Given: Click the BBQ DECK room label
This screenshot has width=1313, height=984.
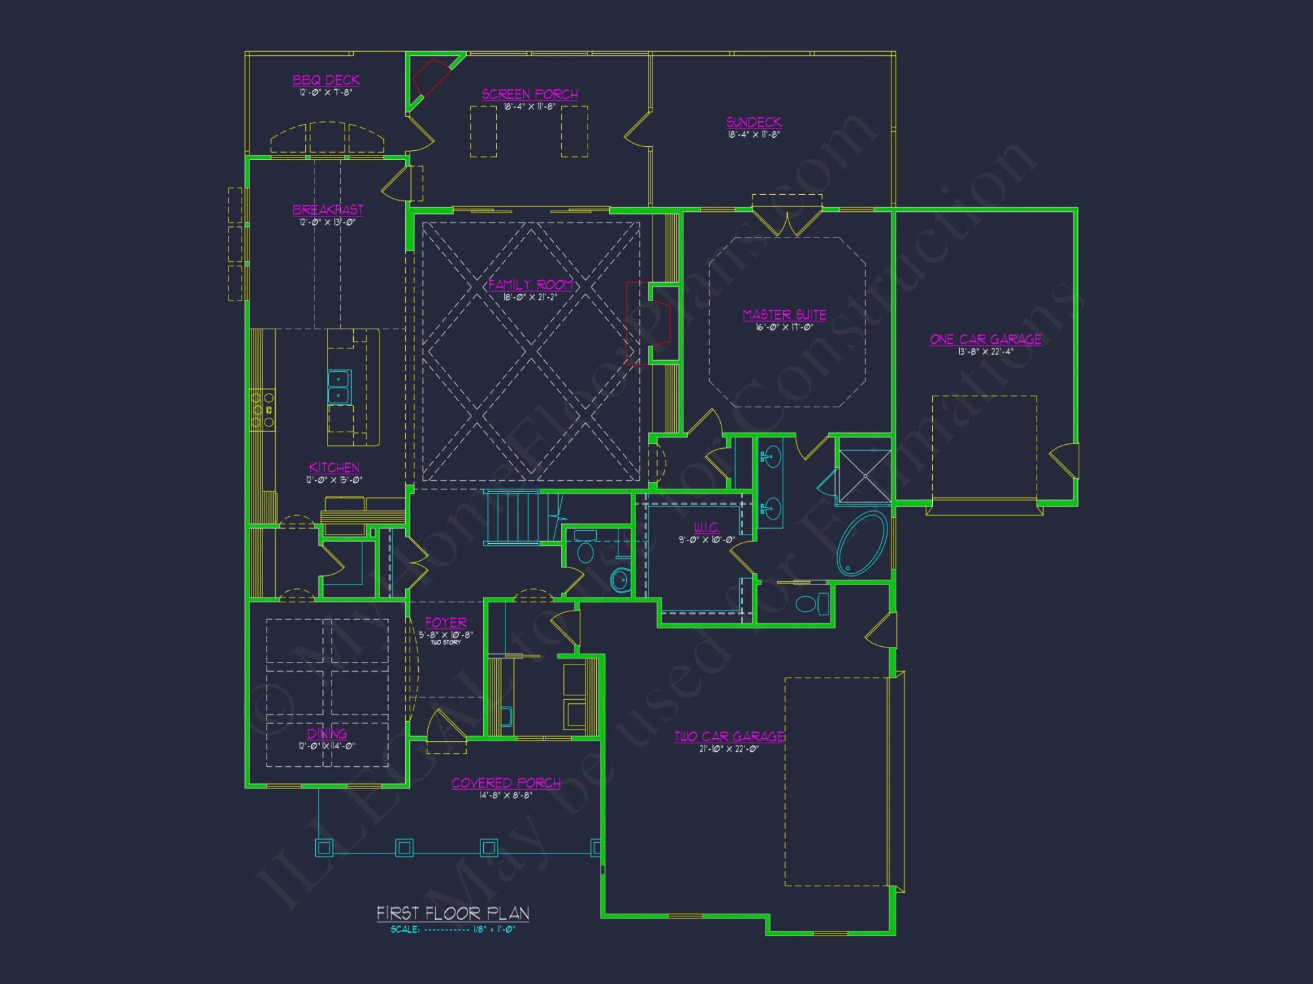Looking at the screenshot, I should (326, 80).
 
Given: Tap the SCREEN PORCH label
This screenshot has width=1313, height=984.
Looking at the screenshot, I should (530, 94).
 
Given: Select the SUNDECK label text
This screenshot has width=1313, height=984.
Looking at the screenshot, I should (754, 122).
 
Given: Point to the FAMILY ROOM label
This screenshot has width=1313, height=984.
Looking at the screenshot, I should (530, 285).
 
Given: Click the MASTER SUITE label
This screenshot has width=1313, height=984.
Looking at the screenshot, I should (784, 315).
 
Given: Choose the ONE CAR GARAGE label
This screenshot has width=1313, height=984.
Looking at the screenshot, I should (985, 339).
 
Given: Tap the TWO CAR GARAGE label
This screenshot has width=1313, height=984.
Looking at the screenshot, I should (729, 737).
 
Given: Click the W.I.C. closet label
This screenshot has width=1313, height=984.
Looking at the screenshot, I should (706, 527).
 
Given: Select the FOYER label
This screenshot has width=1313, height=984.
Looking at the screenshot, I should (446, 623).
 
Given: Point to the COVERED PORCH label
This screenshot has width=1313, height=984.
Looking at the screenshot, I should (506, 783).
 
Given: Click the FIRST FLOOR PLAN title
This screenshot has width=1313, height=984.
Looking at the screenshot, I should (452, 913).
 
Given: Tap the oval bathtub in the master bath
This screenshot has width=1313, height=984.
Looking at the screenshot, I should (861, 543).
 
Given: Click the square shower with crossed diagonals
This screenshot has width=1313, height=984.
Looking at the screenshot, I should (865, 476).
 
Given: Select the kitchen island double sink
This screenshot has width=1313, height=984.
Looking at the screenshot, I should (339, 387).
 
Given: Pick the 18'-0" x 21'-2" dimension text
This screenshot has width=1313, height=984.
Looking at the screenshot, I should (530, 297).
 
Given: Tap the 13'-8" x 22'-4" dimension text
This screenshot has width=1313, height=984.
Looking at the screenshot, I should (985, 352).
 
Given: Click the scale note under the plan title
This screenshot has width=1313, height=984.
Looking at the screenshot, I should (452, 930).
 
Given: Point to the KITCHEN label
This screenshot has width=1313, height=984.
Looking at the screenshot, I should (334, 468).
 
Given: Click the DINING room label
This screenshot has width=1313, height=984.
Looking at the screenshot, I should (327, 733).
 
